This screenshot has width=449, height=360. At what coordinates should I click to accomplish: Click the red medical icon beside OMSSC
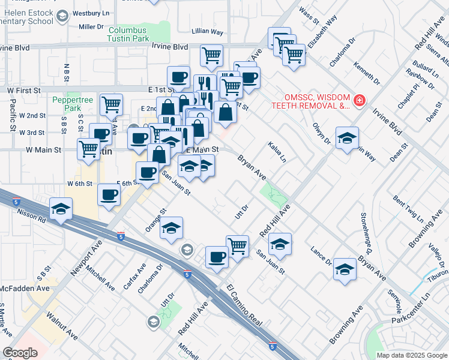[x=359, y=100]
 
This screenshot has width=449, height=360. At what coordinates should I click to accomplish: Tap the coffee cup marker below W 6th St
[x=109, y=196]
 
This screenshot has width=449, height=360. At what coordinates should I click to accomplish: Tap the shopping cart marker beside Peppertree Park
[x=111, y=105]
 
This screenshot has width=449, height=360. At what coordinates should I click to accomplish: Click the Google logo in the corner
[x=20, y=353]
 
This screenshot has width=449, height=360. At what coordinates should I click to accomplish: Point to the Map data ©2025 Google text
[x=411, y=355]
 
